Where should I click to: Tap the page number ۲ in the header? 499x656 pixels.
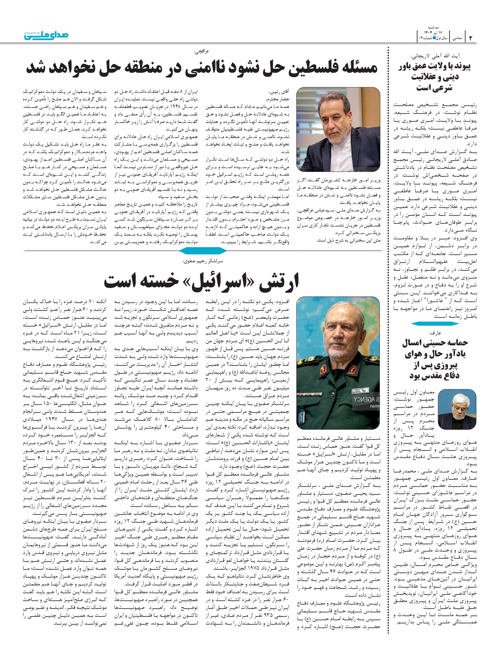coord(471,38)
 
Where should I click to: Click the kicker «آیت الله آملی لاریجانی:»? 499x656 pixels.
coord(435,56)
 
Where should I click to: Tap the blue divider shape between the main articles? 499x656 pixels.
coord(203,251)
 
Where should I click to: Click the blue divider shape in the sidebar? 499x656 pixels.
coord(435,323)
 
